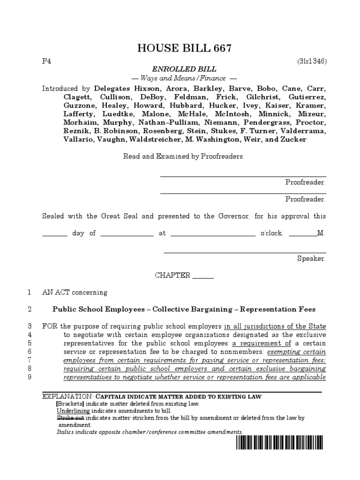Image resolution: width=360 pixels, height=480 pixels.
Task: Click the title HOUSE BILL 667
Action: [x=184, y=48]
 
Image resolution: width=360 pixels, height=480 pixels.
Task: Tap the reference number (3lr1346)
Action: [x=311, y=61]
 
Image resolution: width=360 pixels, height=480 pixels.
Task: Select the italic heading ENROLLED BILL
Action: [x=184, y=69]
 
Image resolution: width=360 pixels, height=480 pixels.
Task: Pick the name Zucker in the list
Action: [x=295, y=140]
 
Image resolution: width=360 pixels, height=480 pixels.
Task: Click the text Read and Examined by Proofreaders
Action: [x=184, y=156]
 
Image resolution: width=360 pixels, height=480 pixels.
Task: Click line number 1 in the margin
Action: [x=29, y=292]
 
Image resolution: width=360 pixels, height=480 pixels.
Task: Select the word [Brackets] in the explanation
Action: [x=70, y=403]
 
